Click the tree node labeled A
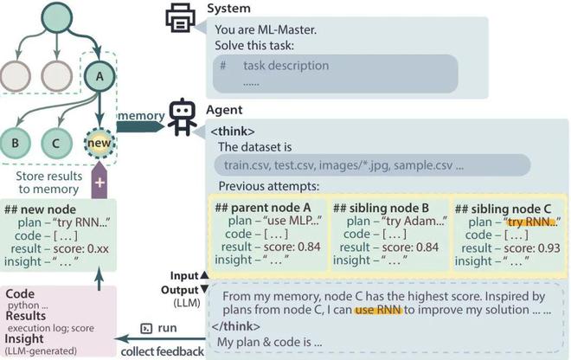[99, 77]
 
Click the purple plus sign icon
[99, 183]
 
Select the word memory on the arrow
[141, 116]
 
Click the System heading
[229, 9]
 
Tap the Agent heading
[225, 111]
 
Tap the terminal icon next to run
[146, 329]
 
